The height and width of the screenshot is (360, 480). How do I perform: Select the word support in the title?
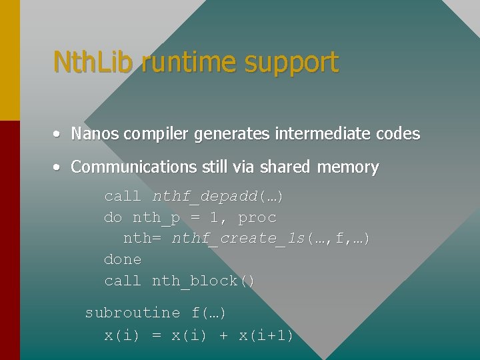click(292, 63)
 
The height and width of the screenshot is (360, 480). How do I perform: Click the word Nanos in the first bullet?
click(95, 134)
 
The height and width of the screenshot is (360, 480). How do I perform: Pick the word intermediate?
click(315, 134)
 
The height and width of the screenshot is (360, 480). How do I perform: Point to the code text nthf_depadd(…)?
click(217, 197)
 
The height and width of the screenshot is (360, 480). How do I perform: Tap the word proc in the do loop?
click(257, 218)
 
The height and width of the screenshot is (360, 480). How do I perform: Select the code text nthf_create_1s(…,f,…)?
click(271, 239)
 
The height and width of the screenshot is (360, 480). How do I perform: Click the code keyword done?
click(123, 259)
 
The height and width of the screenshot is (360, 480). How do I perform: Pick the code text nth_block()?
click(203, 281)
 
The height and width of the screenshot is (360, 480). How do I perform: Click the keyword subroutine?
click(133, 313)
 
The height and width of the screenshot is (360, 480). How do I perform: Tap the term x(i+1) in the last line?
click(266, 335)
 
